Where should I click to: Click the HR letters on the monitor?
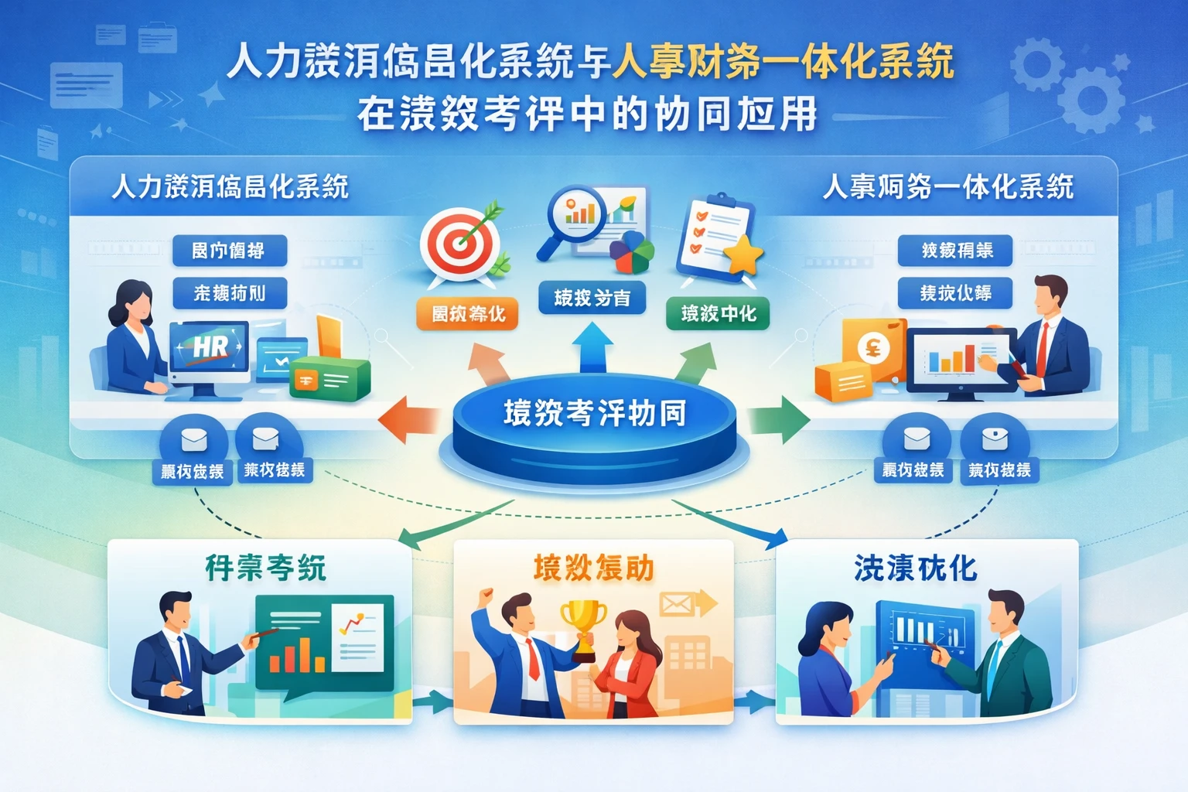(x=210, y=347)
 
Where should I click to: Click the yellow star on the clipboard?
(x=743, y=254)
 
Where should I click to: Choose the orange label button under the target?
(x=467, y=313)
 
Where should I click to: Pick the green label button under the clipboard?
(x=718, y=313)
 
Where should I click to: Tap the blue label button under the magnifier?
(x=592, y=298)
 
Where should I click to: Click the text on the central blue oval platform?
(x=594, y=413)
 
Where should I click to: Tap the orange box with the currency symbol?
(x=873, y=349)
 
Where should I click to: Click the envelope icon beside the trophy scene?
(x=676, y=604)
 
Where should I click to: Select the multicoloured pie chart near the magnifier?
(x=631, y=252)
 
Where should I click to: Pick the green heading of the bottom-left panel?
(x=265, y=568)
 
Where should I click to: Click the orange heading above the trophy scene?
(x=593, y=568)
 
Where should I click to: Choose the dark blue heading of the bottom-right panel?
(x=915, y=568)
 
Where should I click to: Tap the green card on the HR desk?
(x=329, y=379)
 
